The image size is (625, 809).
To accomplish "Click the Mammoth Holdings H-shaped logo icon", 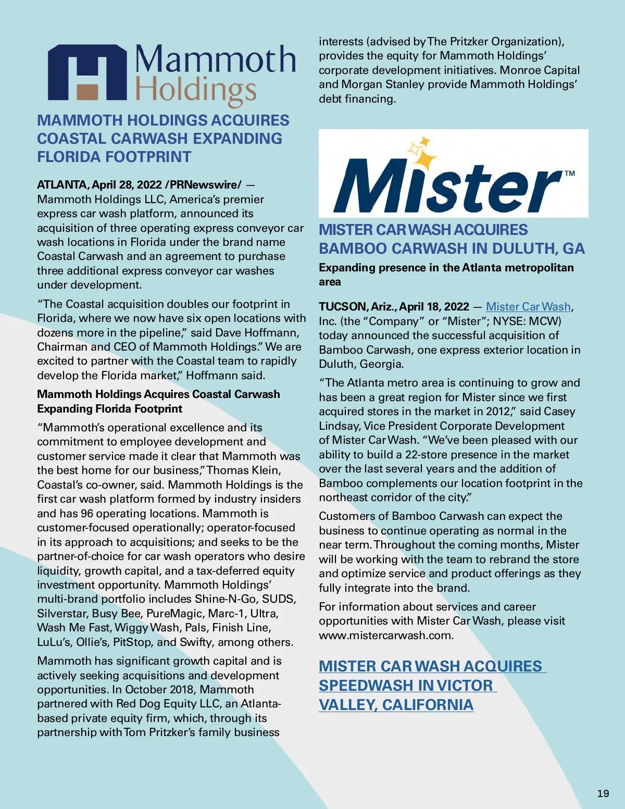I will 87,72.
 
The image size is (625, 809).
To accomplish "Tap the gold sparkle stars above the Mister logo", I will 422,153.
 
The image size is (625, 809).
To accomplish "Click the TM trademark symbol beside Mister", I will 570,173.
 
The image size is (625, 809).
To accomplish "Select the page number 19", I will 603,793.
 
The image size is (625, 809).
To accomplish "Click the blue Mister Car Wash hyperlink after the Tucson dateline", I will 528,307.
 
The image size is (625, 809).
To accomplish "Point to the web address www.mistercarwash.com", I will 386,636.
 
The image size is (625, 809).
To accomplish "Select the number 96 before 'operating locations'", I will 87,514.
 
